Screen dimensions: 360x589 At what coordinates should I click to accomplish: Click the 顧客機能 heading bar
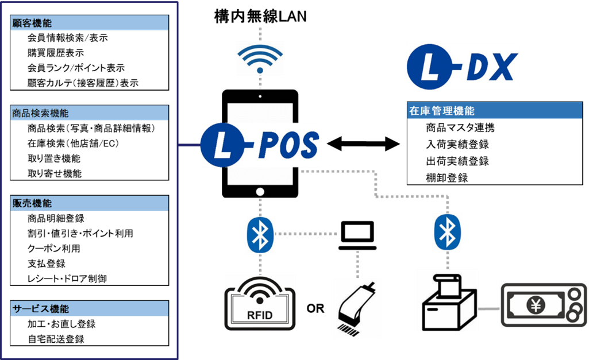[90, 23]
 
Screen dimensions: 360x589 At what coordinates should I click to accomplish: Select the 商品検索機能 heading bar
[90, 113]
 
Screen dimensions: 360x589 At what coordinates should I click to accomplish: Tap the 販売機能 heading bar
[90, 203]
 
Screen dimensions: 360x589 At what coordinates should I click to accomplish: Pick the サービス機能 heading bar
[90, 308]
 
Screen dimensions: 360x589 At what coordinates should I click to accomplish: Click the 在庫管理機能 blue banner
[494, 111]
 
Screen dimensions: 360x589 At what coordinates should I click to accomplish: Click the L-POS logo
[259, 145]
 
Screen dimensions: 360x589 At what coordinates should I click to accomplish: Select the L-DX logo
[462, 67]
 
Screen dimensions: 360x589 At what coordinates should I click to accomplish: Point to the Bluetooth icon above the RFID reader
[260, 234]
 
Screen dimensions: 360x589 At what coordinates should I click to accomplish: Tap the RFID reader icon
[260, 302]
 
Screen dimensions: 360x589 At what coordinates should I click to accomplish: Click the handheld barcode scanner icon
[356, 307]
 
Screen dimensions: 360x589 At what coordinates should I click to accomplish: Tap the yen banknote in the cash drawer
[534, 305]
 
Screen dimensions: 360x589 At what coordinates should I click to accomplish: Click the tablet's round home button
[260, 192]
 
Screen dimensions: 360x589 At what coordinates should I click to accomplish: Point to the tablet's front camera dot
[260, 96]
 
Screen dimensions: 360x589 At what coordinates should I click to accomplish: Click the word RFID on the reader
[260, 315]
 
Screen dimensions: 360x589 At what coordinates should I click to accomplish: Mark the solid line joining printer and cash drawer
[488, 309]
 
